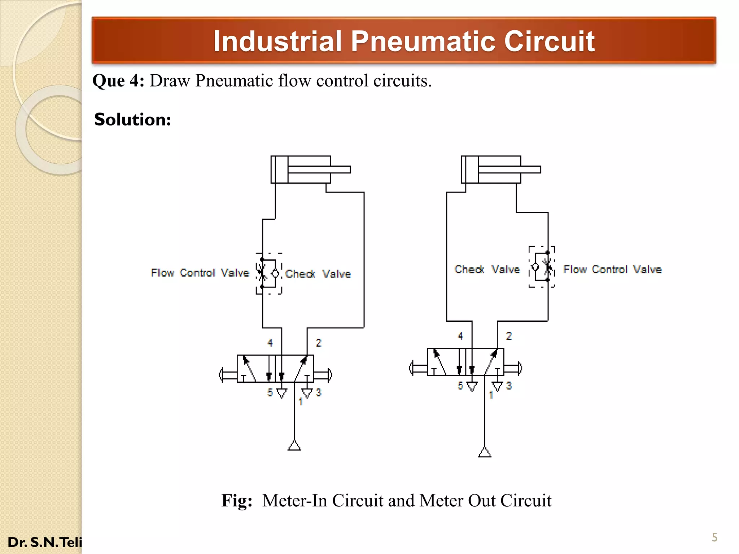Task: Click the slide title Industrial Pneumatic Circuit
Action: click(x=403, y=41)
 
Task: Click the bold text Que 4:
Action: click(x=118, y=81)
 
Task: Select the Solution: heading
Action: click(x=132, y=120)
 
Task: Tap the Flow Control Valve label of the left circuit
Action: click(x=200, y=273)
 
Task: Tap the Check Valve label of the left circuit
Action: click(x=318, y=274)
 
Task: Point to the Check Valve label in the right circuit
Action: click(x=487, y=269)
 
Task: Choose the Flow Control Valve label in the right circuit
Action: click(x=612, y=269)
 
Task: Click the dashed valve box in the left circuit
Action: click(x=269, y=274)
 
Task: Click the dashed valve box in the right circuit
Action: click(x=541, y=267)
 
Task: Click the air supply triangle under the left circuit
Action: click(x=294, y=446)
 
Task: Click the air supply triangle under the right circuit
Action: click(x=485, y=452)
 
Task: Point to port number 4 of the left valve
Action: click(x=270, y=343)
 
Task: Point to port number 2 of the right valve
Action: click(x=509, y=336)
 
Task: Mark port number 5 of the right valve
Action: click(x=460, y=386)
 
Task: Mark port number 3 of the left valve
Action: click(x=318, y=392)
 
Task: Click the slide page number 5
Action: click(x=714, y=537)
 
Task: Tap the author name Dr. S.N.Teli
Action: click(x=45, y=542)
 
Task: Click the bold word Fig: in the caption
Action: click(x=237, y=501)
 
